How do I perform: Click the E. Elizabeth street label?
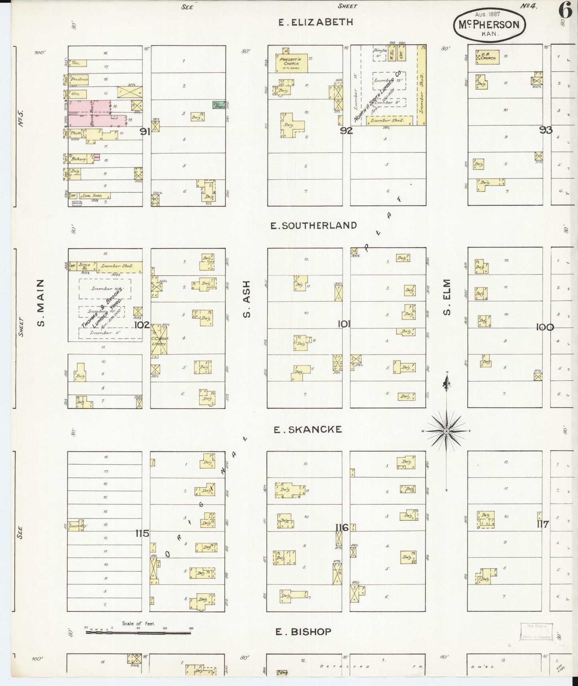316,22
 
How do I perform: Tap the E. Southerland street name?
314,226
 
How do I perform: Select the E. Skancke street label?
308,429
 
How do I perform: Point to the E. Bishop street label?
304,632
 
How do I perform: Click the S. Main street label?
41,303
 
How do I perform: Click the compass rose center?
446,431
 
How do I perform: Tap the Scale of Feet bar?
138,632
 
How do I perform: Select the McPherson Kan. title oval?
489,25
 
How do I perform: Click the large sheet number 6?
565,11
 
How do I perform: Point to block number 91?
145,131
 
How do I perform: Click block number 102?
142,325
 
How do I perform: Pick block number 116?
342,528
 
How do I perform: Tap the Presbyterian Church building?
291,63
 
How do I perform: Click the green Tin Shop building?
219,105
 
